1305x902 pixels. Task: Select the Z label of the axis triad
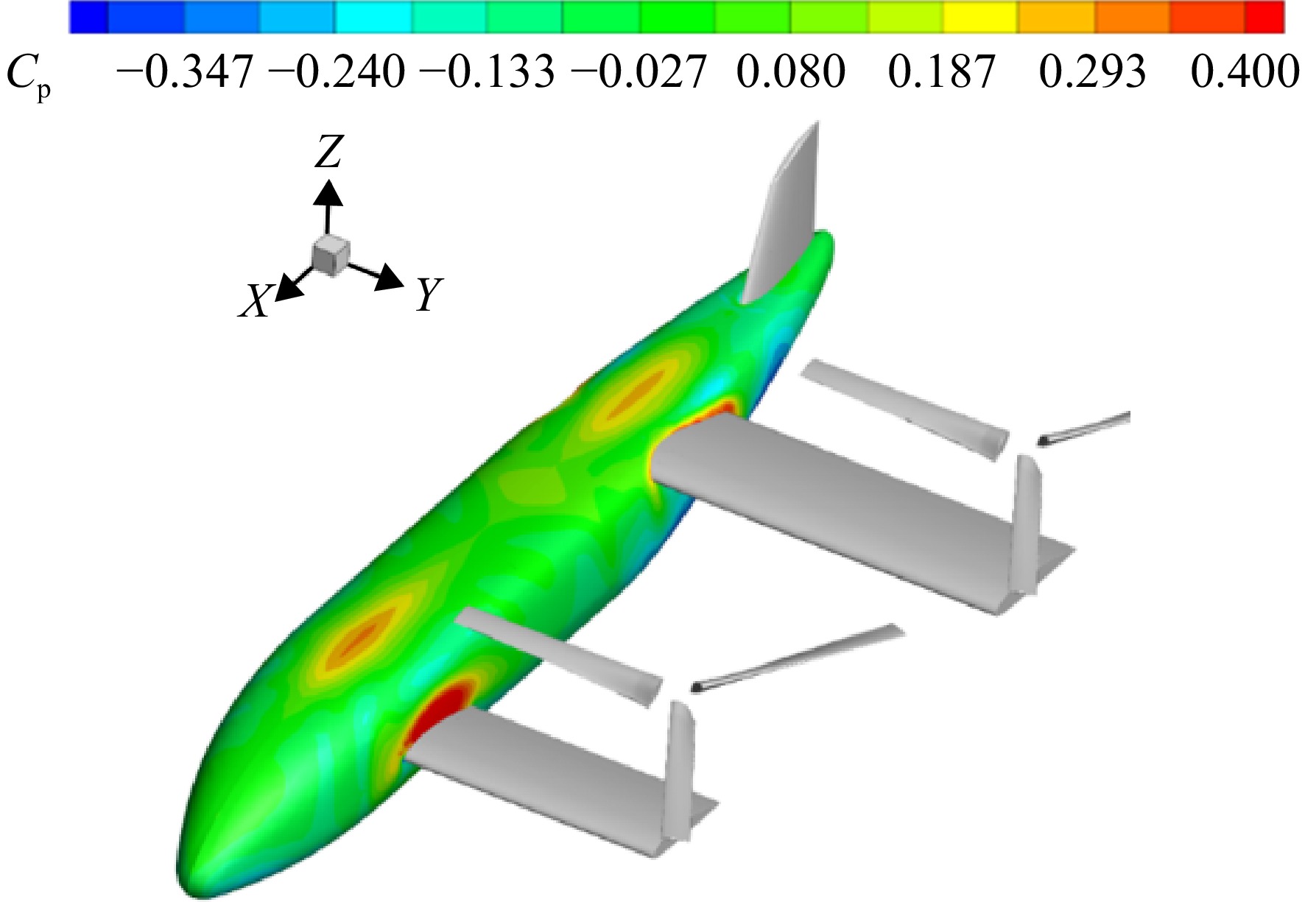328,154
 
